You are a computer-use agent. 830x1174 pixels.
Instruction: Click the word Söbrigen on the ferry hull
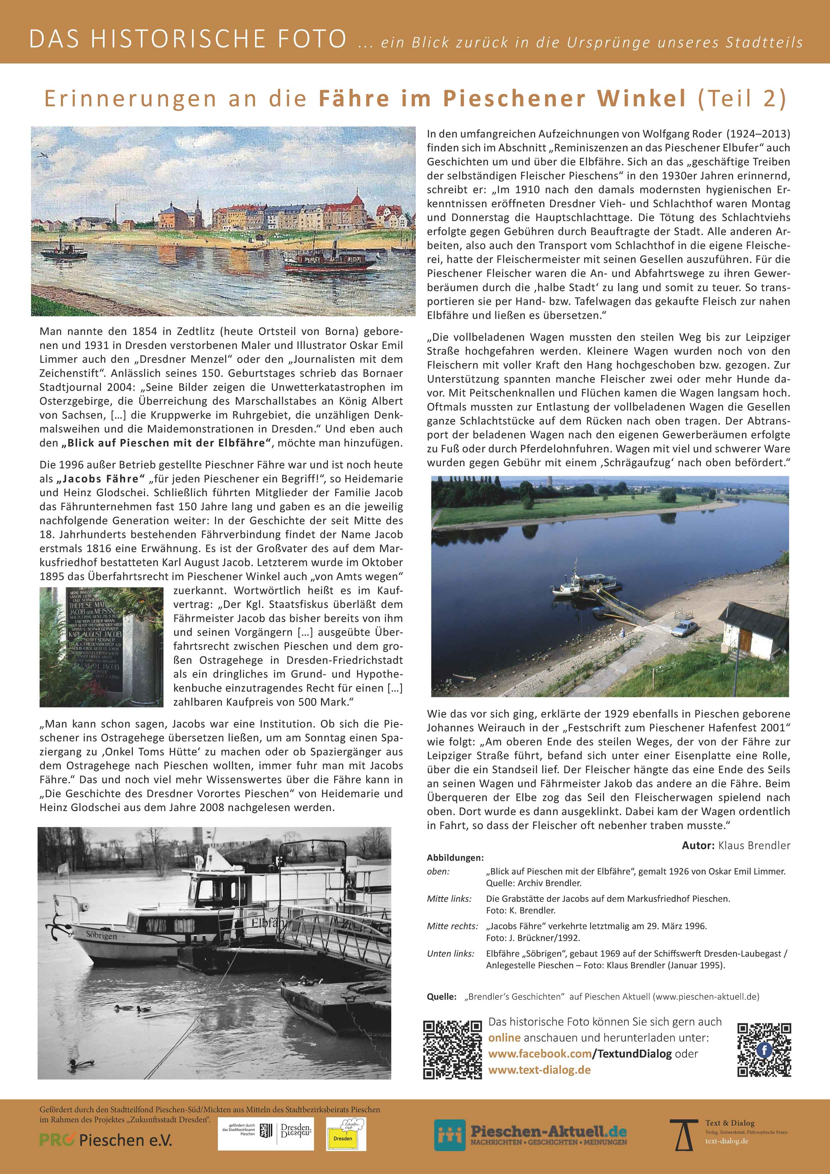click(101, 936)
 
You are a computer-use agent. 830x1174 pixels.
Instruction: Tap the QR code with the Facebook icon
click(764, 1050)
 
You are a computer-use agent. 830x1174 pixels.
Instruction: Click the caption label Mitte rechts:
click(452, 926)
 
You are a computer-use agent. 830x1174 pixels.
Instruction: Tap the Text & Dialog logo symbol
click(684, 1133)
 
